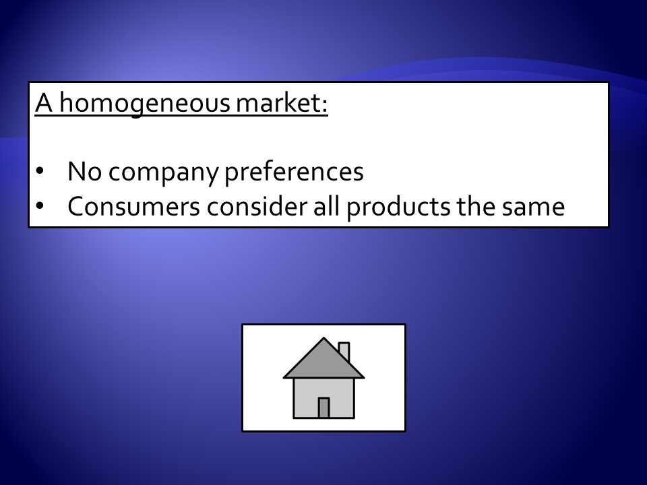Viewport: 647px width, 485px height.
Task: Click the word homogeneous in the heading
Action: click(x=145, y=103)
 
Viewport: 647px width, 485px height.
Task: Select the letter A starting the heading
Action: click(x=44, y=102)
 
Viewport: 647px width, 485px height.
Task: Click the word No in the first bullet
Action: click(x=85, y=172)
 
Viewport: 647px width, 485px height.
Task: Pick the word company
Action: click(x=163, y=173)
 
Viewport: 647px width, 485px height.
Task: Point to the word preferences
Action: click(x=294, y=172)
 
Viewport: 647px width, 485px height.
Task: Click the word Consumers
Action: click(x=133, y=207)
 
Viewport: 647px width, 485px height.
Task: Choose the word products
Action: click(x=398, y=207)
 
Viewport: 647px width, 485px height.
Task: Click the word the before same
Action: click(x=476, y=206)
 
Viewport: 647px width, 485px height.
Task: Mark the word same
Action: click(x=533, y=208)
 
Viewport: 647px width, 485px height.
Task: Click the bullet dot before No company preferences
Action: click(x=40, y=170)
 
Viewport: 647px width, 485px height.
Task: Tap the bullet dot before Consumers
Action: click(x=40, y=205)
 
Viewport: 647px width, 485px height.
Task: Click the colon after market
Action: click(x=324, y=107)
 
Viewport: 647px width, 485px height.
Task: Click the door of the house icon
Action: click(x=324, y=408)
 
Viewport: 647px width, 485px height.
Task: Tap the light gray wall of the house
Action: click(x=305, y=398)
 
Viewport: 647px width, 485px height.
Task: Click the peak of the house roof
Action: click(x=324, y=338)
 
